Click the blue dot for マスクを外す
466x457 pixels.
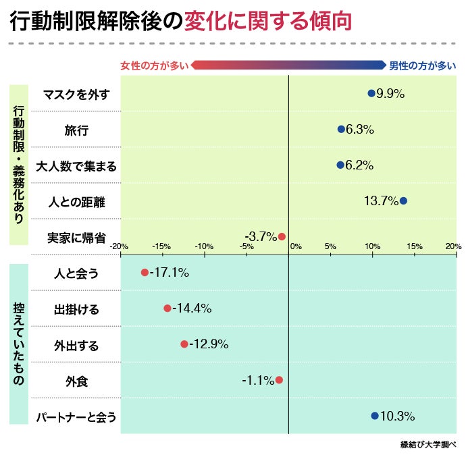coord(371,94)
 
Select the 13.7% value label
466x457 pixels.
coord(381,200)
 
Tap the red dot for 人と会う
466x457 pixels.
coord(145,273)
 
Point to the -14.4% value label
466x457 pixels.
coord(192,308)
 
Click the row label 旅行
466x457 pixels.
coord(76,130)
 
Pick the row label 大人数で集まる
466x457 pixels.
coord(76,165)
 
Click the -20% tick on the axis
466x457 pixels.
coord(120,246)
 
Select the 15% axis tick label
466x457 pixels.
coord(415,246)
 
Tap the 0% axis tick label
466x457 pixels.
coord(295,246)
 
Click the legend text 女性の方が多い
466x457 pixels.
coord(155,65)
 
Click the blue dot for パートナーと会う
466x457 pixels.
coord(375,416)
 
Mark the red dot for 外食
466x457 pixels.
coord(279,380)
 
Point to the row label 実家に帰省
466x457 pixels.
coord(76,237)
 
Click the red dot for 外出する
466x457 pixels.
coord(184,344)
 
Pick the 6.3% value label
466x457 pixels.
coord(360,130)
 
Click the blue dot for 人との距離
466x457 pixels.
coord(403,200)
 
